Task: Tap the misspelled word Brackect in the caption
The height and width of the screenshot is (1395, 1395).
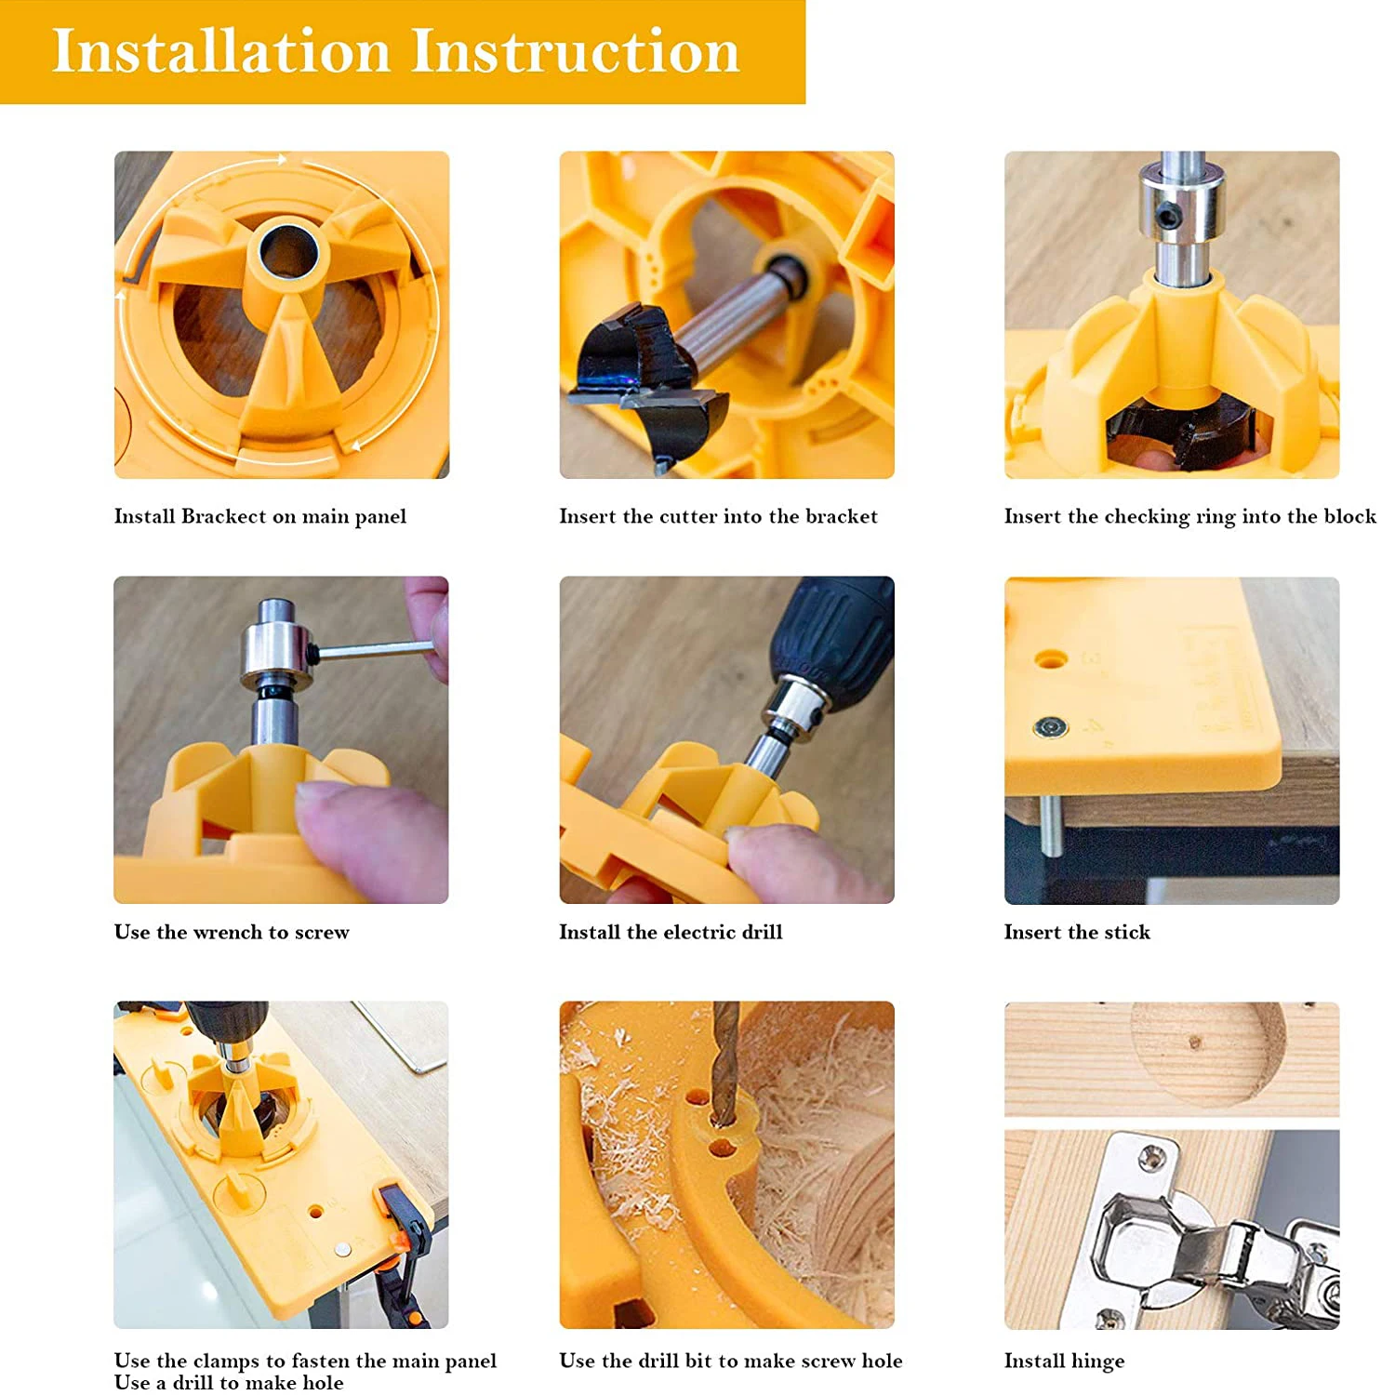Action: tap(223, 516)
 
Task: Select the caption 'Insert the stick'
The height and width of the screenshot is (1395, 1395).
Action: tap(1077, 932)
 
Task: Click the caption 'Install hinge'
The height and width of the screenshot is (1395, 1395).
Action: tap(1064, 1362)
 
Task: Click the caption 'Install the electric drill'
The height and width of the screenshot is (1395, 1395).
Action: tap(671, 932)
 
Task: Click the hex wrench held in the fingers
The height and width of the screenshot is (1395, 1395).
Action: tap(372, 649)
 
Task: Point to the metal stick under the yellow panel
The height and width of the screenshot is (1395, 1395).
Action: tap(1050, 825)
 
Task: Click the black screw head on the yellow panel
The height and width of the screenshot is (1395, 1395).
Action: tap(1050, 727)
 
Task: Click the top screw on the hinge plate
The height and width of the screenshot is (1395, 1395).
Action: tap(1153, 1158)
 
